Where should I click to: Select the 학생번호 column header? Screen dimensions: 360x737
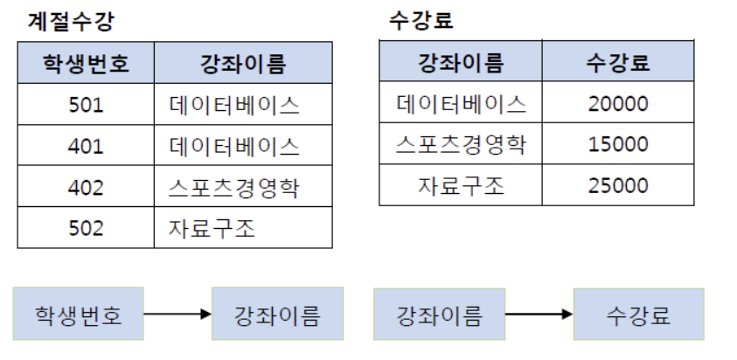coord(86,64)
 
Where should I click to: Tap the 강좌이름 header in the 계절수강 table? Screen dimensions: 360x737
coord(243,64)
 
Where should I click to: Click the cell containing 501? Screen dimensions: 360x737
coord(86,105)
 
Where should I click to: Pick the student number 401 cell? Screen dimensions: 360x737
coord(86,146)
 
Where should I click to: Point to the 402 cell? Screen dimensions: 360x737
coord(86,187)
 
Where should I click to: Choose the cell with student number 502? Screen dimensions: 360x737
coord(86,228)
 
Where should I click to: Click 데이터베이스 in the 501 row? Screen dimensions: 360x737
coord(234,105)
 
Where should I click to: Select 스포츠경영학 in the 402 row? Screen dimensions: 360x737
coord(234,187)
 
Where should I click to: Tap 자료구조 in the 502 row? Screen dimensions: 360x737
coord(212,228)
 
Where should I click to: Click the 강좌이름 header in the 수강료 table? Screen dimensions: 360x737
coord(462,62)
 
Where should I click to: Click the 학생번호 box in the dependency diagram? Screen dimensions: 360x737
coord(78,314)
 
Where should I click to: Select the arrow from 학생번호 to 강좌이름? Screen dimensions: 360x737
coord(177,314)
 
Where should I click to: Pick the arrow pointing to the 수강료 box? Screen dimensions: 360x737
coord(539,314)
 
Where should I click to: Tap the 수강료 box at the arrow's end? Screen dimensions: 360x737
coord(627,314)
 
